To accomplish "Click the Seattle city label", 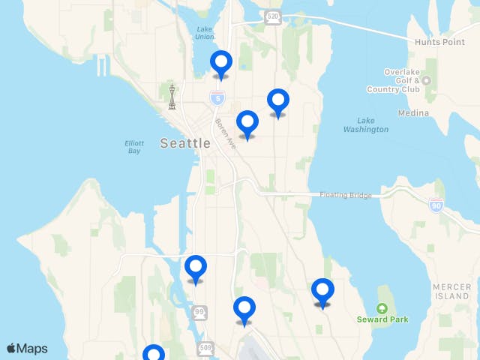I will coord(185,143).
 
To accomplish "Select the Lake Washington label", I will coord(366,124).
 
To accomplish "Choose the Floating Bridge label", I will coord(345,195).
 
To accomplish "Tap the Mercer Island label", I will coord(452,292).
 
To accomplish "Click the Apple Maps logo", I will coord(27,348).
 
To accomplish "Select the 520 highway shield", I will coord(273,16).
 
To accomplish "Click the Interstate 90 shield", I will coord(436,205).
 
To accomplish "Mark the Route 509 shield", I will coord(206,348).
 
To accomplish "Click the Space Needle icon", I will coord(172,96).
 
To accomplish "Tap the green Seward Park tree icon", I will coord(382,308).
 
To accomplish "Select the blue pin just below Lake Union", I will coord(220,63).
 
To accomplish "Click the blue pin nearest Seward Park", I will coord(322,291).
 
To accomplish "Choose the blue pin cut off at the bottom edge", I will coord(154,353).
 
